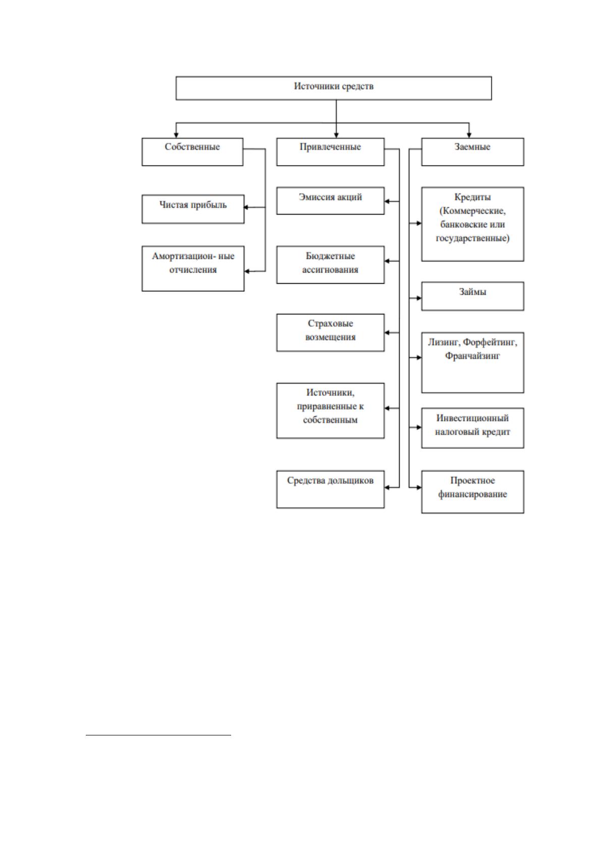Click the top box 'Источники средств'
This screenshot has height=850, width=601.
pos(334,88)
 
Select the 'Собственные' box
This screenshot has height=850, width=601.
pos(192,152)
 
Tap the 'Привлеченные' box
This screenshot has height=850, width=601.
pos(330,152)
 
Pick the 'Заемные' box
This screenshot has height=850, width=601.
pos(472,152)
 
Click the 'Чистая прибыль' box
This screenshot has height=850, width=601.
pos(193,209)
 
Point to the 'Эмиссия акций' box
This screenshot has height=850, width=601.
pos(330,201)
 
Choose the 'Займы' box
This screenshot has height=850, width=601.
pos(472,296)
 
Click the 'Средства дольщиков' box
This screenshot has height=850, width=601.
pos(330,489)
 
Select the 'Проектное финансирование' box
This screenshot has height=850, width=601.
pos(472,492)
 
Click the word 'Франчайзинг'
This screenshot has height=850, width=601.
pos(472,356)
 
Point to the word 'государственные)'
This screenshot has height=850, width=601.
pos(472,238)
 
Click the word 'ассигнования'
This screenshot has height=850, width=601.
pos(330,270)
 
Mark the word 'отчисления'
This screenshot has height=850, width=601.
pos(193,270)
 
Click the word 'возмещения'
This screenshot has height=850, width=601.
pos(330,337)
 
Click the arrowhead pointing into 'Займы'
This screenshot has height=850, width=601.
pos(418,298)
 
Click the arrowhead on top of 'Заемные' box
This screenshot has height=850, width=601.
pos(469,135)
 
